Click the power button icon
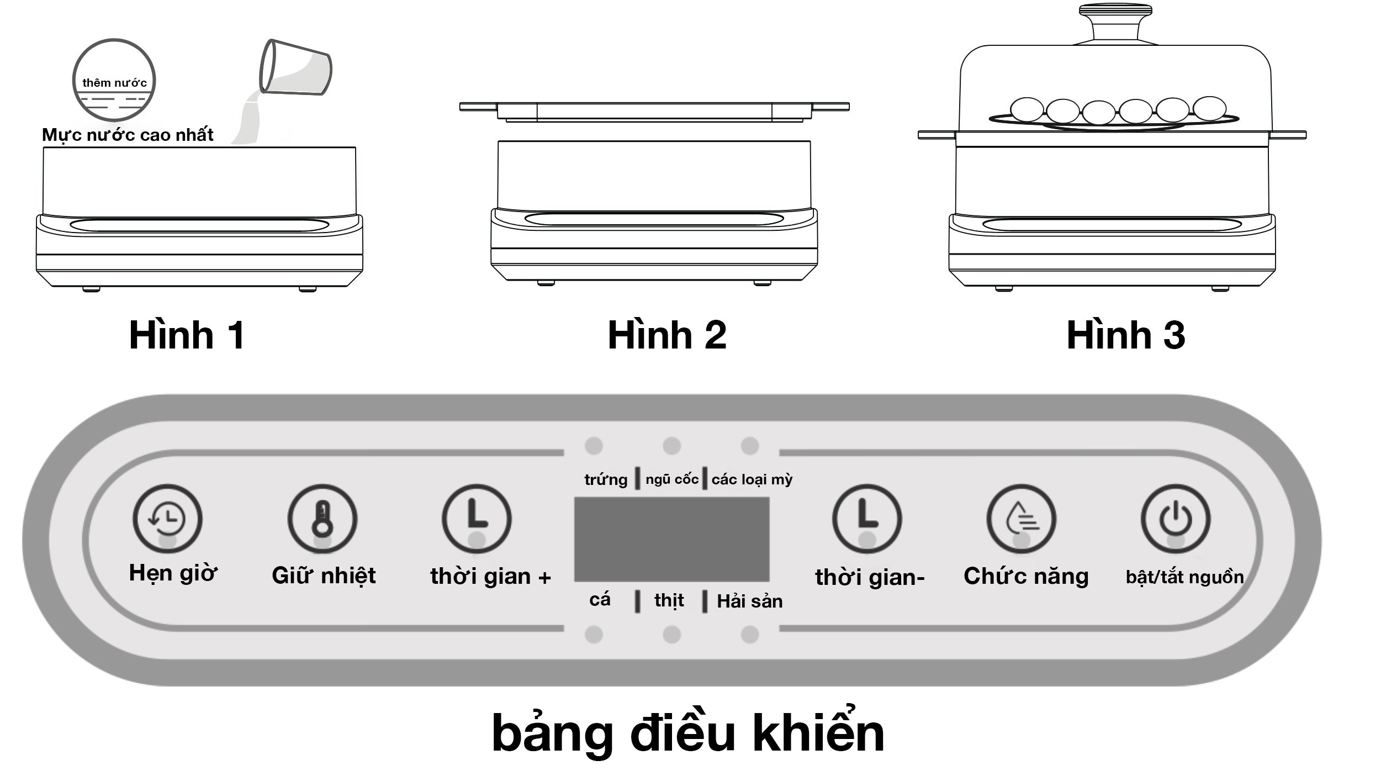[1176, 519]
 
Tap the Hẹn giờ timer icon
[167, 519]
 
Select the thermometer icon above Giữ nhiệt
[322, 519]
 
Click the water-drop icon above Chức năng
[1021, 519]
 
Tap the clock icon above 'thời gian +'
[477, 519]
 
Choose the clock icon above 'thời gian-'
[867, 519]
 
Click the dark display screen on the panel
[671, 539]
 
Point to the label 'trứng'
[606, 479]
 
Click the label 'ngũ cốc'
[672, 479]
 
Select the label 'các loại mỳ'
[752, 479]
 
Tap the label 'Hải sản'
[749, 601]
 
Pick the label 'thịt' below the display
[669, 600]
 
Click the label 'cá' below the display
[600, 600]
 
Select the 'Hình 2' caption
[666, 335]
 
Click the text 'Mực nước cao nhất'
[128, 135]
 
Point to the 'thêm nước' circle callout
[114, 81]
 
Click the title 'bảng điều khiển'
[687, 733]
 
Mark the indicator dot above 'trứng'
[594, 446]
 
